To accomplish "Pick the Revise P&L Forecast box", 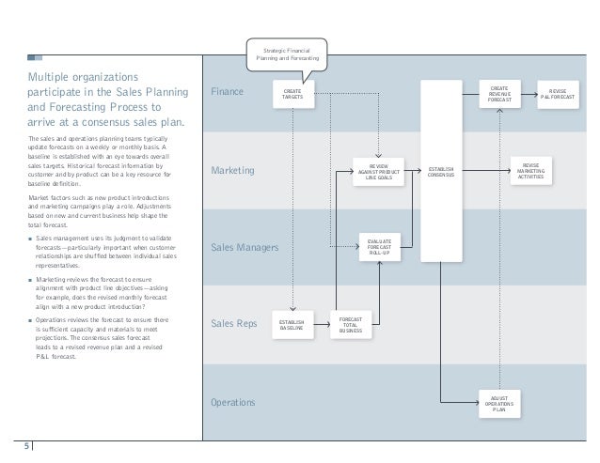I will tap(557, 94).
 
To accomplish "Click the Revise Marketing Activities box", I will tap(532, 171).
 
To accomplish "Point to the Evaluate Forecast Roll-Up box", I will tap(380, 248).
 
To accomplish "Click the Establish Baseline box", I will tap(292, 325).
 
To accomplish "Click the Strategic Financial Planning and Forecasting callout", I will tap(288, 54).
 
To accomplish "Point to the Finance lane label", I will tap(227, 92).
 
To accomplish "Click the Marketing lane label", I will tap(232, 170).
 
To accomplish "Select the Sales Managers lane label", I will tap(245, 248).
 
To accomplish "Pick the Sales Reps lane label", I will tap(233, 325).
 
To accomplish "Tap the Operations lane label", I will tap(234, 403).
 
